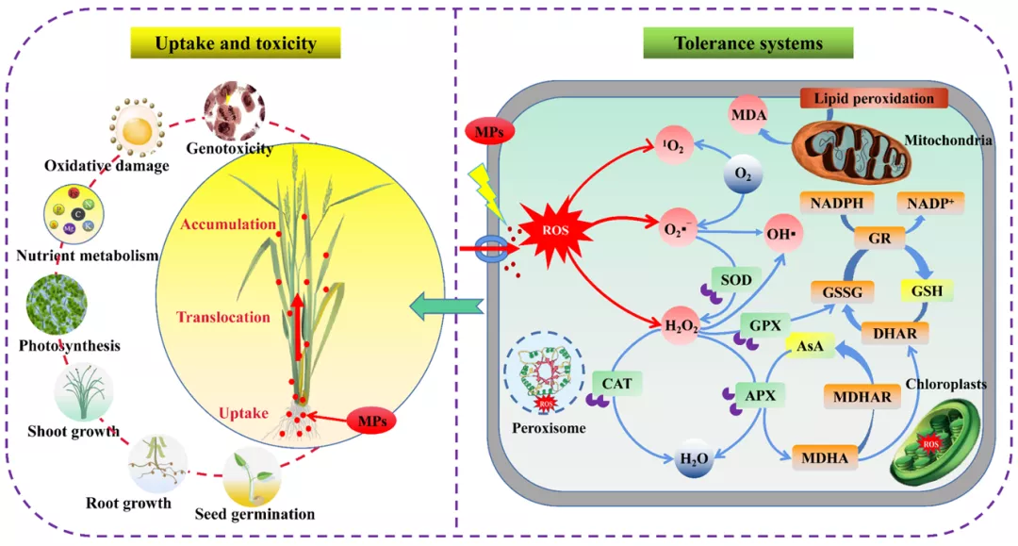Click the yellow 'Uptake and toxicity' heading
tap(236, 42)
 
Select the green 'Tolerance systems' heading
tap(747, 42)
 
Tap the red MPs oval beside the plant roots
tap(372, 422)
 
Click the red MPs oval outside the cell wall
tap(489, 132)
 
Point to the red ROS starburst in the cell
tap(556, 230)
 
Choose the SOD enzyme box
tap(736, 280)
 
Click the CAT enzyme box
tap(616, 384)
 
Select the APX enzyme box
tap(761, 395)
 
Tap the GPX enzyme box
tap(764, 325)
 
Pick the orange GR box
tap(879, 239)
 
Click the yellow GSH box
tap(927, 290)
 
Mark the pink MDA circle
tap(748, 115)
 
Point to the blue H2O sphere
tap(694, 459)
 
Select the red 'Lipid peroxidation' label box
tap(874, 98)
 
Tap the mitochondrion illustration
tap(850, 152)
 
